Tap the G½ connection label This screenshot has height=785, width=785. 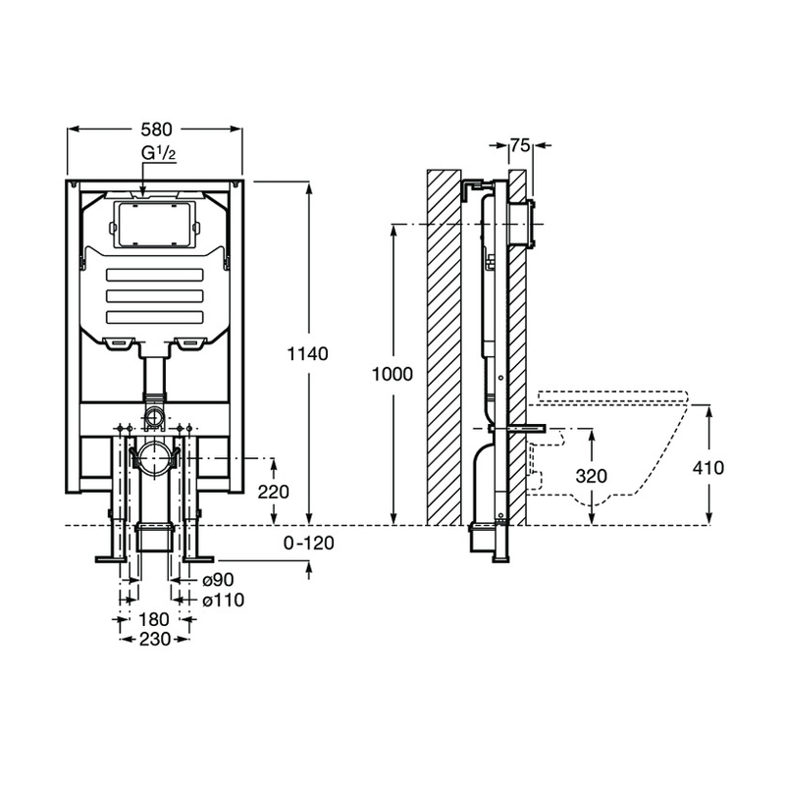tap(158, 156)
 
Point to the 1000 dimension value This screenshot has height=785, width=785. tap(392, 374)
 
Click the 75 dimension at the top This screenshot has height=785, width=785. tap(520, 146)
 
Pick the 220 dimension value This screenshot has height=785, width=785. tap(274, 492)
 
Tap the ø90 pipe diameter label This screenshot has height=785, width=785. tap(217, 581)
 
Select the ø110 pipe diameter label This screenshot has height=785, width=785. tap(221, 600)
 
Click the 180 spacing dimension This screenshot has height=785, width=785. tap(154, 619)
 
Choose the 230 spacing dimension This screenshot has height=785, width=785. tap(154, 639)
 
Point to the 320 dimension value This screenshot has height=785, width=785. tap(588, 477)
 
